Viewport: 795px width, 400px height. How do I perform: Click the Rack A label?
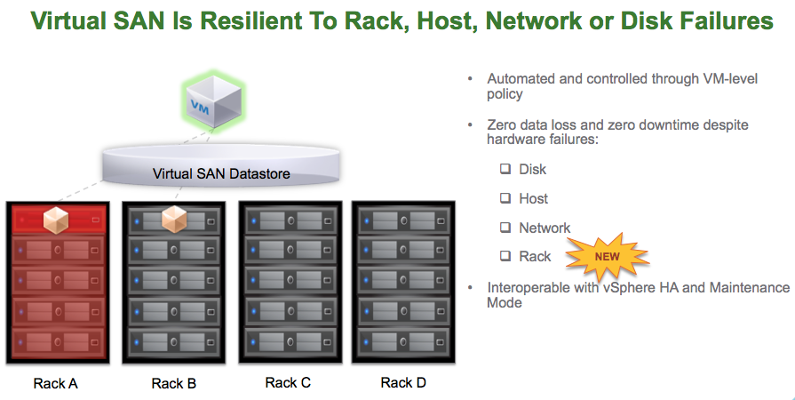(x=56, y=383)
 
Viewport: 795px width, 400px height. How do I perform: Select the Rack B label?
(x=173, y=383)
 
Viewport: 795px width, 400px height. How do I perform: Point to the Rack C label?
(x=288, y=382)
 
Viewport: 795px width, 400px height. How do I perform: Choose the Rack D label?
(x=403, y=382)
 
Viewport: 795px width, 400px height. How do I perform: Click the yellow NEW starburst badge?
(x=607, y=256)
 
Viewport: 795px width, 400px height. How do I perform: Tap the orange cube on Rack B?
(x=173, y=218)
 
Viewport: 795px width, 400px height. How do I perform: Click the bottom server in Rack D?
(x=403, y=342)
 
